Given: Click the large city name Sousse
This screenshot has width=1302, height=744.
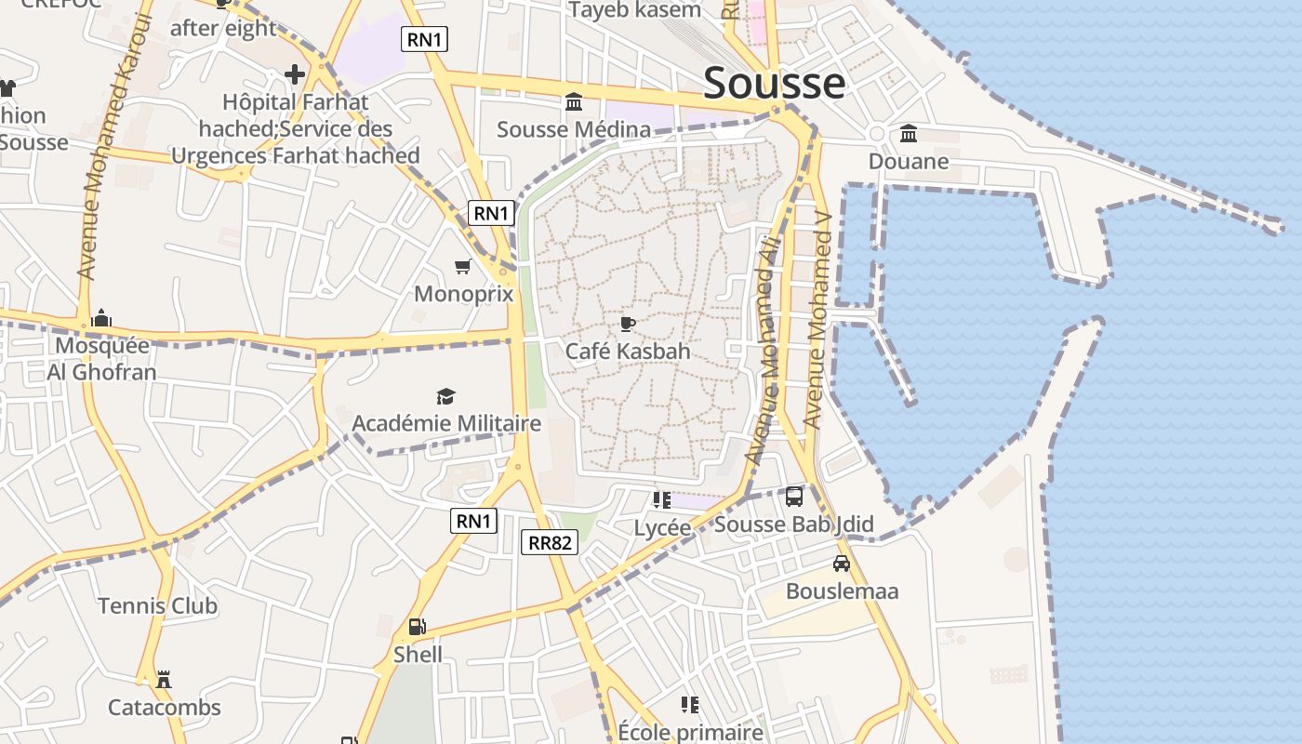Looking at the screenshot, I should (x=774, y=83).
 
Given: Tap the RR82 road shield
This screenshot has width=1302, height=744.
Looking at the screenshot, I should (x=549, y=542).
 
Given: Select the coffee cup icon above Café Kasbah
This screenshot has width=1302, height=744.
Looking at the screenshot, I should (x=628, y=324).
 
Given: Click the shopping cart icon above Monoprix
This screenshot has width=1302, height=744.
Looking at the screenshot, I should (x=462, y=267).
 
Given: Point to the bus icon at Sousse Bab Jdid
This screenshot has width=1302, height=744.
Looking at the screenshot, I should (x=794, y=497).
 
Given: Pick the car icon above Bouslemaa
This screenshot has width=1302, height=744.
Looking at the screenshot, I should (x=842, y=564).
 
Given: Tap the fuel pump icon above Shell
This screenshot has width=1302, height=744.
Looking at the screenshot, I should (x=418, y=627).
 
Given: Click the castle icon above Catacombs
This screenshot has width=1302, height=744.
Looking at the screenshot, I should (x=165, y=679).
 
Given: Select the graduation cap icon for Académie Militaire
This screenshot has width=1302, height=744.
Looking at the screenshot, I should (x=446, y=397).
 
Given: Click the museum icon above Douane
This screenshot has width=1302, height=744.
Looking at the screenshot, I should (x=909, y=134).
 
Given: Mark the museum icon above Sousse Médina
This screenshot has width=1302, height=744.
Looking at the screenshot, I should (x=574, y=101).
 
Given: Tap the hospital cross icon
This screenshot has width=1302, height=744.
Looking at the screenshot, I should (x=295, y=73).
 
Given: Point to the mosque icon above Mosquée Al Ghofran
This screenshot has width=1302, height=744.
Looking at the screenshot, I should (x=101, y=319).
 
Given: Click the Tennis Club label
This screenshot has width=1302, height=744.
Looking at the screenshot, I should (x=158, y=606).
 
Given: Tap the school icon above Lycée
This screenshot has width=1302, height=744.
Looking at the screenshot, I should (x=662, y=500).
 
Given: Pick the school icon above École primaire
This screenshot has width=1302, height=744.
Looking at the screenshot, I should (x=689, y=704).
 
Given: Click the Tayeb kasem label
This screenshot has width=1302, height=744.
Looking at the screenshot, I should (x=634, y=10).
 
